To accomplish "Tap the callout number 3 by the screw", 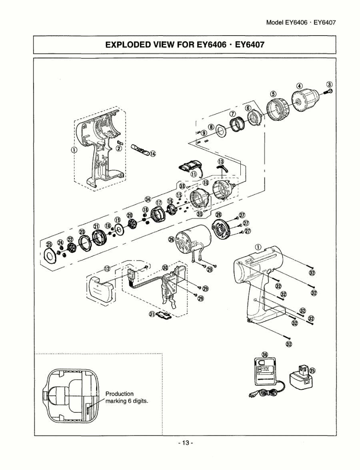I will [x=330, y=84].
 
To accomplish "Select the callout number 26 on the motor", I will [x=172, y=239].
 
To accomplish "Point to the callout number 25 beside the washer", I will [x=49, y=245].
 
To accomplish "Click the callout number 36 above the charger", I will [x=264, y=355].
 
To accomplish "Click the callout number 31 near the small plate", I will [x=152, y=314].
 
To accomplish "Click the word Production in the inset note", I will [x=119, y=394].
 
